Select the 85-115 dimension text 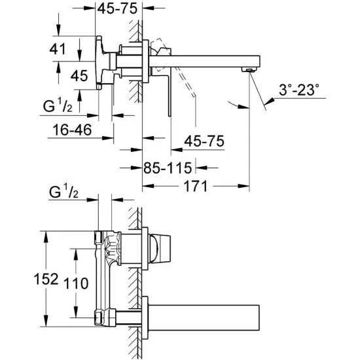(171, 168)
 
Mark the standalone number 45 (79, 76)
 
